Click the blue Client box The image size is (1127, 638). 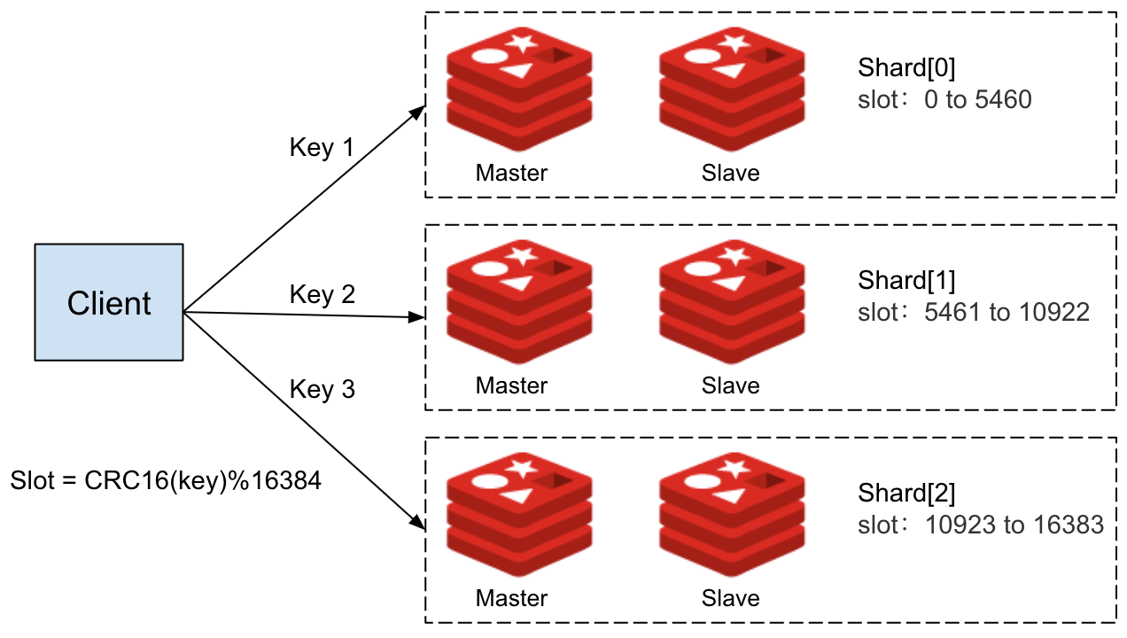[x=109, y=303]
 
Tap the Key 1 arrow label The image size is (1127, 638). [x=322, y=147]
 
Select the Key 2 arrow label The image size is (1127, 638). [x=322, y=294]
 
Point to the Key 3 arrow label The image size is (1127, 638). [x=322, y=389]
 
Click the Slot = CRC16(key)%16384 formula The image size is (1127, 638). [x=166, y=481]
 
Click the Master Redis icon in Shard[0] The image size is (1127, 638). [x=519, y=89]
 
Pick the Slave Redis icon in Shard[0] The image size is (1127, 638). [x=732, y=89]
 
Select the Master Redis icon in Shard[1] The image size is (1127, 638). [x=519, y=302]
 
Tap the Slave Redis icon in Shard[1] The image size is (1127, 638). [x=732, y=302]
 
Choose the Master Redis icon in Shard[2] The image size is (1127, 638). [x=519, y=515]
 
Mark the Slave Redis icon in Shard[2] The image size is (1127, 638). [x=732, y=515]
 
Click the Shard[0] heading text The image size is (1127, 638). [x=906, y=68]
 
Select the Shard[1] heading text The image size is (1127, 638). [x=906, y=281]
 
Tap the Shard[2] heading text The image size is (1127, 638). [x=906, y=494]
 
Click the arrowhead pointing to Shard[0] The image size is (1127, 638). [x=418, y=112]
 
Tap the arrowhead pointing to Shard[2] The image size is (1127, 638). [x=418, y=525]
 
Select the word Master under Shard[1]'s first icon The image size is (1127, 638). [x=511, y=385]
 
